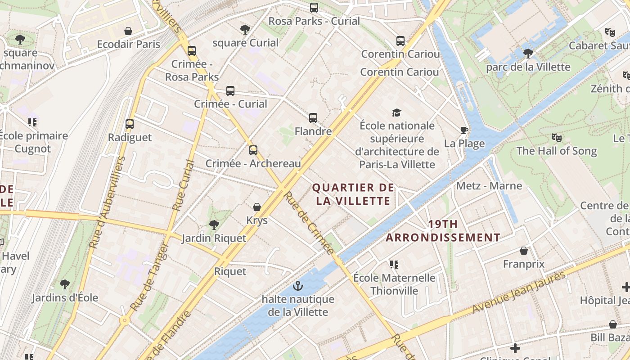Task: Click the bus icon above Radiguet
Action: (x=130, y=124)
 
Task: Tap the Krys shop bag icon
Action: (x=257, y=207)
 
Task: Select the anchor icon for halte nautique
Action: (x=297, y=286)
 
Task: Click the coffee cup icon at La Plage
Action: (x=464, y=130)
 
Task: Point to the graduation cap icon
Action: (x=396, y=112)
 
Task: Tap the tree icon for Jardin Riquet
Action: (x=214, y=225)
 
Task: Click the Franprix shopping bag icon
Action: (x=524, y=250)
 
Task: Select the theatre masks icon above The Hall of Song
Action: (x=557, y=137)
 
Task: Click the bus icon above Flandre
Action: (x=313, y=118)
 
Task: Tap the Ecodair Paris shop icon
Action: (x=128, y=31)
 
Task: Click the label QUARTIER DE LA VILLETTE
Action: (x=353, y=194)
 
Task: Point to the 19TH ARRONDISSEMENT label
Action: (x=443, y=230)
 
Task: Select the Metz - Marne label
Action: (x=489, y=186)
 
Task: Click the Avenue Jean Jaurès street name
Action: (x=518, y=293)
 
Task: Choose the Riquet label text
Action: (x=230, y=271)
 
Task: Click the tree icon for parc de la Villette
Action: (x=528, y=54)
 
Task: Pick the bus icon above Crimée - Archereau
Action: (x=253, y=150)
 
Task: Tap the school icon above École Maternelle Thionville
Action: (x=394, y=264)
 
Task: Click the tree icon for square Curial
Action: (x=245, y=30)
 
